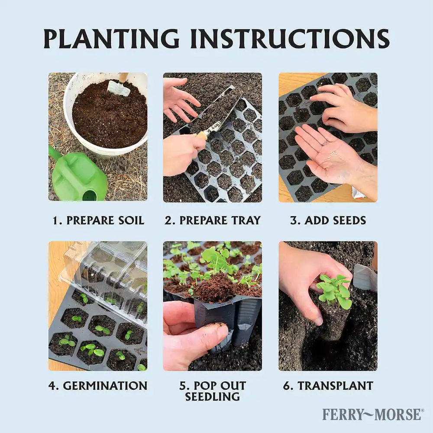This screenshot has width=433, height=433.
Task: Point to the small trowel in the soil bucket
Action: (x=120, y=84)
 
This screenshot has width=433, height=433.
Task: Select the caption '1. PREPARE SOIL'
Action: (x=98, y=220)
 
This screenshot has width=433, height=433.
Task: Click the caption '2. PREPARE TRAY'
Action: (x=213, y=220)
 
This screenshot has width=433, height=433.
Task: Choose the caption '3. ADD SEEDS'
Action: (x=328, y=220)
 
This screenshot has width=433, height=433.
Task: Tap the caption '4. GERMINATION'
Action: (x=98, y=386)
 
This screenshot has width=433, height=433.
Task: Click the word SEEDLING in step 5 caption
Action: (x=212, y=397)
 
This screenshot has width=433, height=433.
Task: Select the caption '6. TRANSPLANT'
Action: (x=328, y=386)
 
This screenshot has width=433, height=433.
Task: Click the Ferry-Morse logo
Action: (x=372, y=414)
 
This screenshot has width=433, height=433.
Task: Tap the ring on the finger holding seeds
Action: (x=325, y=142)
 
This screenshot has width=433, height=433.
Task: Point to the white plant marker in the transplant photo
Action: (x=365, y=278)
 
